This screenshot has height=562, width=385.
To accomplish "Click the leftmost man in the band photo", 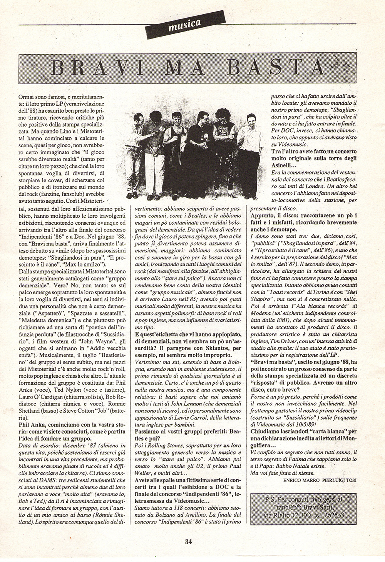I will click(x=141, y=138).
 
